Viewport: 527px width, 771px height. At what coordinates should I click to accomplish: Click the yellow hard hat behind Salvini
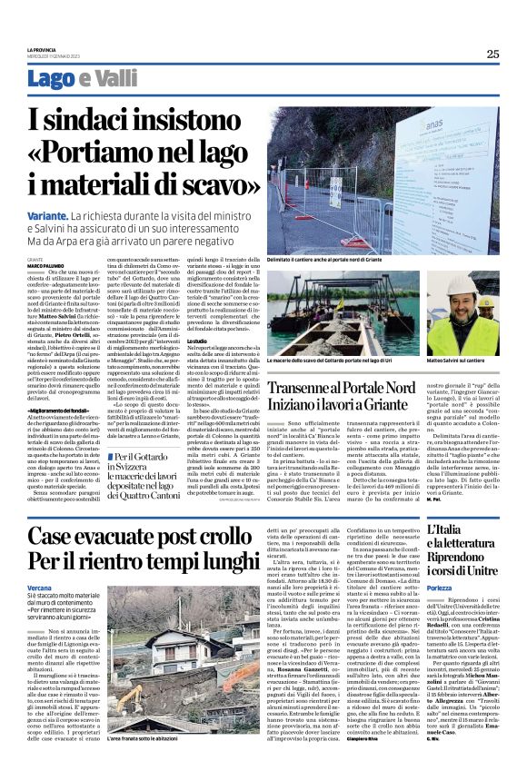coord(487,301)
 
